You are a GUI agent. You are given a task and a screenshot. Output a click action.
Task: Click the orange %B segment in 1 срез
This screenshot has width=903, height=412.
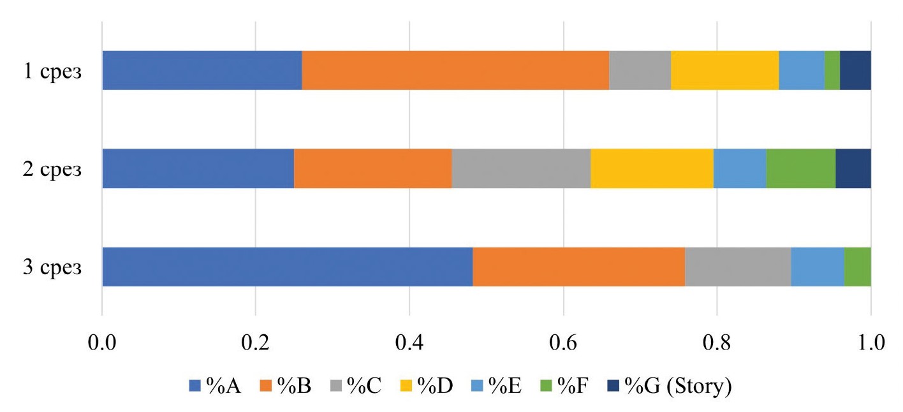tap(455, 70)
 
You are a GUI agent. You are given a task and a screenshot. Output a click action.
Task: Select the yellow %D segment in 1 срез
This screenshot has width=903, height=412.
tap(724, 70)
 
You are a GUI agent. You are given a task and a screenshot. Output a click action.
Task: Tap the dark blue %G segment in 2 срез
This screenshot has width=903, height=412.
tap(853, 168)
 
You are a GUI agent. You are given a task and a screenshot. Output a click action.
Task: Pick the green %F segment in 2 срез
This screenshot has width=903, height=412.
tap(800, 168)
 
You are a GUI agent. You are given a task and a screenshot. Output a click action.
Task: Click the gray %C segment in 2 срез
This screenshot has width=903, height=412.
tap(521, 168)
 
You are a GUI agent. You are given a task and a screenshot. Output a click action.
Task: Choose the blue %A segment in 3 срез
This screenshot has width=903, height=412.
tap(287, 267)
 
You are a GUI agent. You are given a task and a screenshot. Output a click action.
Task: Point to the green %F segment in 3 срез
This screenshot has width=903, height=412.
tap(857, 267)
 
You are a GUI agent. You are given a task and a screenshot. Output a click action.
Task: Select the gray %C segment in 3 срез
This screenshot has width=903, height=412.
tap(738, 267)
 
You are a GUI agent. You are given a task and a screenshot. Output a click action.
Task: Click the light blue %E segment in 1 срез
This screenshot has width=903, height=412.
tap(802, 70)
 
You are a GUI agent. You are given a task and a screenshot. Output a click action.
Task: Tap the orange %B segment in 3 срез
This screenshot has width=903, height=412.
tap(578, 267)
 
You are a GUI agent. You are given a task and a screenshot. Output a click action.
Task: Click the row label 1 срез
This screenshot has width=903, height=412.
tap(53, 71)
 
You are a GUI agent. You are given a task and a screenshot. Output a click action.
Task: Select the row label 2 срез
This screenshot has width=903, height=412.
tap(53, 169)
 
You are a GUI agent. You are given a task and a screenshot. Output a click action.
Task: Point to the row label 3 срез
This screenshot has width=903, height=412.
tap(53, 267)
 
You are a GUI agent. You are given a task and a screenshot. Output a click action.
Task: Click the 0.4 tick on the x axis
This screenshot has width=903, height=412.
tap(409, 344)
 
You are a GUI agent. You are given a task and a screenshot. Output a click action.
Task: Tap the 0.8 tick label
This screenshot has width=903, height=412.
tap(717, 344)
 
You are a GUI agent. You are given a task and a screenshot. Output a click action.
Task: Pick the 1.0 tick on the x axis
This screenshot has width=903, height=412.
tap(870, 344)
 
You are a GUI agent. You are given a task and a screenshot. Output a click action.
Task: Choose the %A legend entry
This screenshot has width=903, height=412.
tap(214, 386)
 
